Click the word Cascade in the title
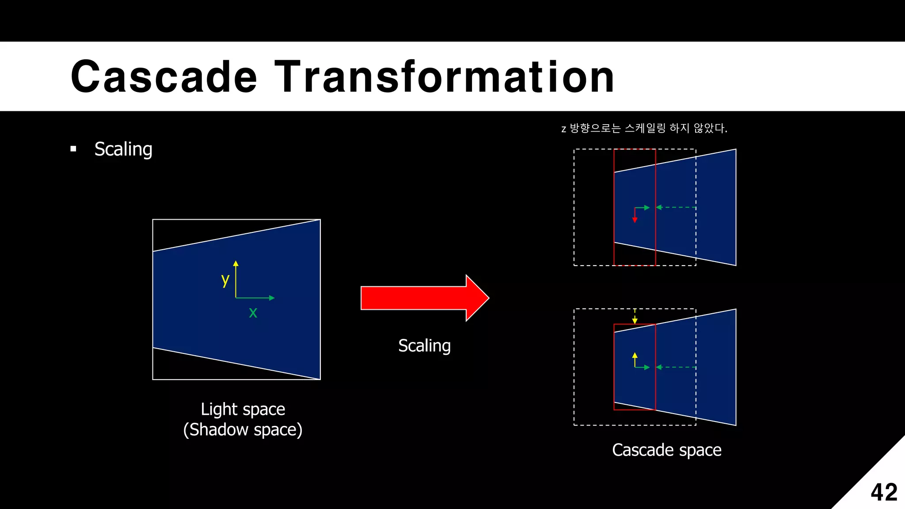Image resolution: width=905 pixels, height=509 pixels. [x=164, y=77]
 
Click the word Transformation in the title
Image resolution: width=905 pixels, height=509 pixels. [x=444, y=77]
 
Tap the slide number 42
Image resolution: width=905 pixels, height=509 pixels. [x=883, y=492]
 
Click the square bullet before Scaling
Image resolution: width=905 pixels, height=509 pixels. [x=73, y=149]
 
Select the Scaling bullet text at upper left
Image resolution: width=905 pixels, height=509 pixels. [x=123, y=149]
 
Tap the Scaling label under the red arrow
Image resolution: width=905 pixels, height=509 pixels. [x=424, y=346]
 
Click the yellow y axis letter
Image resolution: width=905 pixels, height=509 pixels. [x=225, y=280]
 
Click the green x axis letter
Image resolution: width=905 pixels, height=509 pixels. [x=253, y=312]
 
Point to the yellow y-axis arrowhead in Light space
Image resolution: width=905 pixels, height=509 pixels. [x=236, y=263]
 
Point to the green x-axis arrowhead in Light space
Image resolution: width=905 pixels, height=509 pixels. [x=272, y=298]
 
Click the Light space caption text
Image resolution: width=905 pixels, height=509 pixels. [x=243, y=409]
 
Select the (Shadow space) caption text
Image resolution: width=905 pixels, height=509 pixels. [x=243, y=430]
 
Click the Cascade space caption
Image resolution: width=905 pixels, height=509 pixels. [x=666, y=450]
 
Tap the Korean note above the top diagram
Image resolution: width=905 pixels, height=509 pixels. [x=644, y=129]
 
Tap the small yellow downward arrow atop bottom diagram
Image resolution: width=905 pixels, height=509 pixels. [x=635, y=318]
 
